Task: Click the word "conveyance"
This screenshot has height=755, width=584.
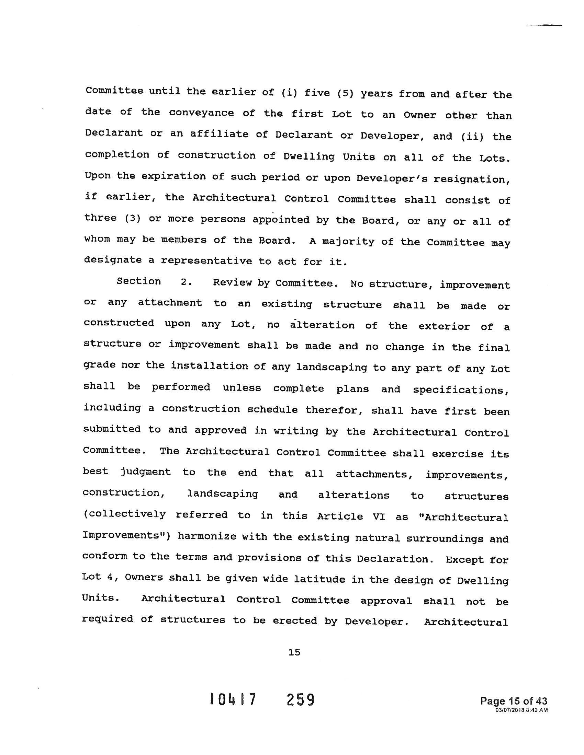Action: point(201,113)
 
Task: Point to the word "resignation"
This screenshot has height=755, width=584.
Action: point(469,179)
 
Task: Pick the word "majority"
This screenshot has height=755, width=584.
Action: point(348,241)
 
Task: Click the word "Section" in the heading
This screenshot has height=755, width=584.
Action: point(139,281)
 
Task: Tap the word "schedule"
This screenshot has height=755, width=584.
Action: point(272,410)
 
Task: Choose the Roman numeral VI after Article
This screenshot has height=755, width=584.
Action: point(379,516)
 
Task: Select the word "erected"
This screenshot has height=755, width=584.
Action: point(294,621)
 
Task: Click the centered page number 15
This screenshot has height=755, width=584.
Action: point(294,652)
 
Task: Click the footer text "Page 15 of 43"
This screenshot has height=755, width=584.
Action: point(514,701)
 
